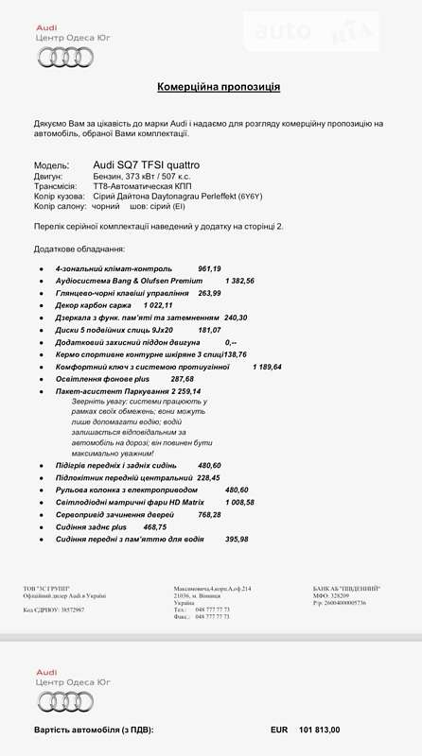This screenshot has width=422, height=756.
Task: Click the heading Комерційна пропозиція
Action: click(x=218, y=86)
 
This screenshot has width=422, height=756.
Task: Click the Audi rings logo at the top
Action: click(x=64, y=58)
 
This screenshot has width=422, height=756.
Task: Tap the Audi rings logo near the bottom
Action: click(x=64, y=700)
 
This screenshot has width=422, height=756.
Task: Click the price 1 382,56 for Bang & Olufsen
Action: click(x=239, y=281)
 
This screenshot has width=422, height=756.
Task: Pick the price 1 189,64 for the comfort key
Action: click(x=267, y=366)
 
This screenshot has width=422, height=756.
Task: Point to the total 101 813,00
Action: click(x=319, y=730)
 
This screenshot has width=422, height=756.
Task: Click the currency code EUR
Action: click(x=278, y=730)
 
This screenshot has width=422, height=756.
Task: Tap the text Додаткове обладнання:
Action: click(x=79, y=249)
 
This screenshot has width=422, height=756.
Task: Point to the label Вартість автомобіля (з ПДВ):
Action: click(x=93, y=730)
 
